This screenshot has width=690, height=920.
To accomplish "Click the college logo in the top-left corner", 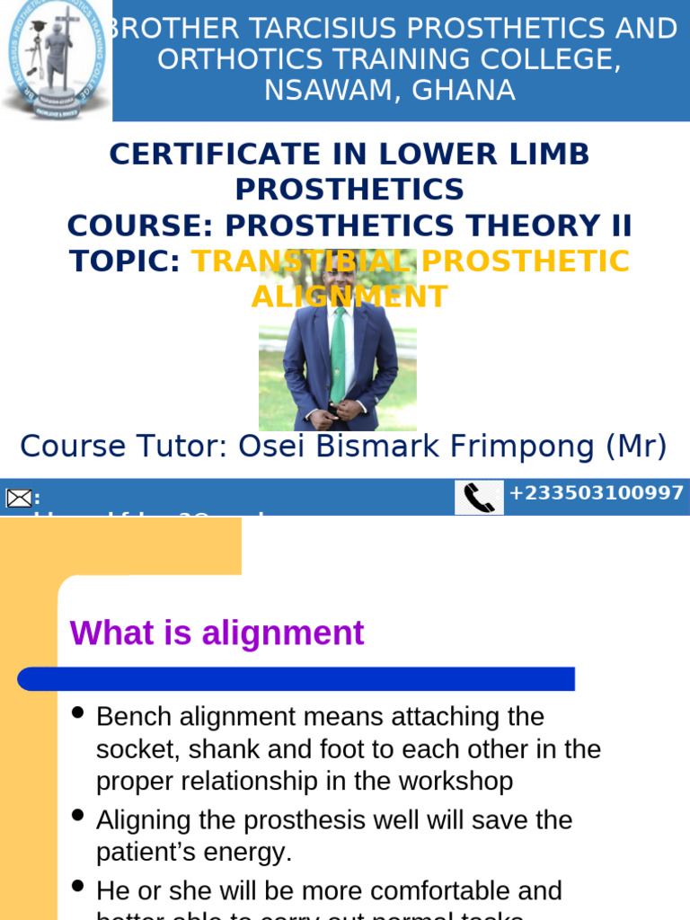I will [56, 59].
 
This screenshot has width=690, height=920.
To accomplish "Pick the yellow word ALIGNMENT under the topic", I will [349, 296].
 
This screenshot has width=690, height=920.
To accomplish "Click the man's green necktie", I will [339, 355].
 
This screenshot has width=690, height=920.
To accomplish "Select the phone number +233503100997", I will [597, 493].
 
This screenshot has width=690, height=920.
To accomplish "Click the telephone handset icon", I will [479, 498].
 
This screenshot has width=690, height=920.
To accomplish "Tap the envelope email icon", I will [19, 499].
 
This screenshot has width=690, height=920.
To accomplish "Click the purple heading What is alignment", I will [217, 633].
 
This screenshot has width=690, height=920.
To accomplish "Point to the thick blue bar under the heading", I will [296, 679].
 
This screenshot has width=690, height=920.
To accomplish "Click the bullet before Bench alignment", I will [78, 713].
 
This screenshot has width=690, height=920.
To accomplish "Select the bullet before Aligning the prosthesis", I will [78, 816].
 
